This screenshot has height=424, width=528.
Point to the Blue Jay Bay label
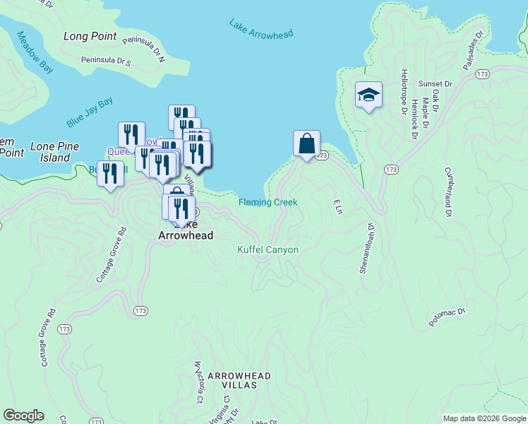(90, 113)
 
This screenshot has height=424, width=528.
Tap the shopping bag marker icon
(306, 143)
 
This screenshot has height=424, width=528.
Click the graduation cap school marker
(368, 95)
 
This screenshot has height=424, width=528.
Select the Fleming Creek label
(268, 202)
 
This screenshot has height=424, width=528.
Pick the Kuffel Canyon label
(268, 250)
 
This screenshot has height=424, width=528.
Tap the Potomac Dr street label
(448, 317)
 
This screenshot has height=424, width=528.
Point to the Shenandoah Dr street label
(367, 248)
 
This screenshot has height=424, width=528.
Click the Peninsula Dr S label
(106, 61)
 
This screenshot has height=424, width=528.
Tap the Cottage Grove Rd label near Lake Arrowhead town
(109, 254)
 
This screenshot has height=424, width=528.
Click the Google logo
(24, 416)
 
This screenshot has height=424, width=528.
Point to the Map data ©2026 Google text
(484, 418)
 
